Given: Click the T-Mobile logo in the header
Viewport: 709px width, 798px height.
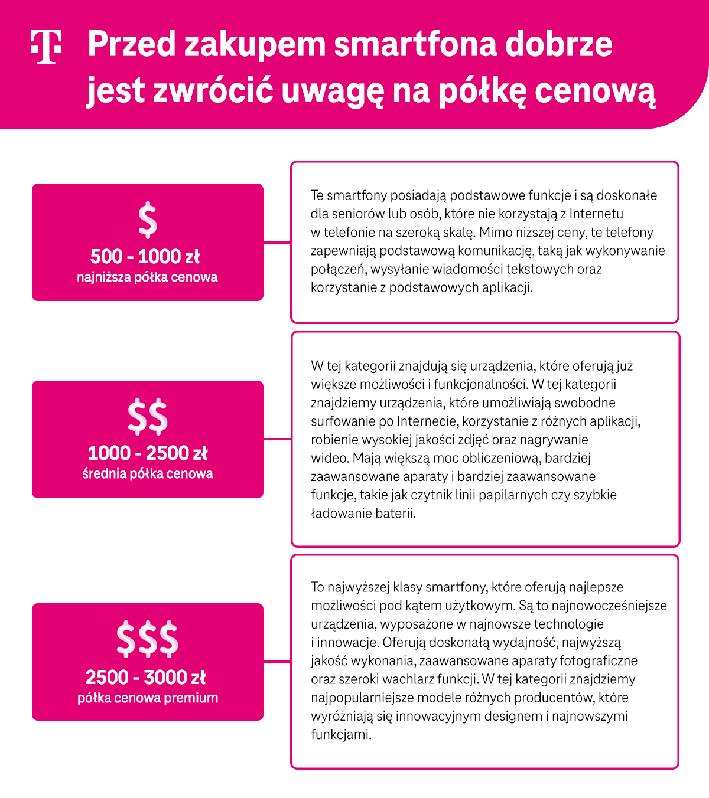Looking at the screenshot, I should [x=46, y=47].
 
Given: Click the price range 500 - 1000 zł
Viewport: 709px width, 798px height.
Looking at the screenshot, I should [x=145, y=257].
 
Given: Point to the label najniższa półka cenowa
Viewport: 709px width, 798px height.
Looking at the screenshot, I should [x=147, y=277].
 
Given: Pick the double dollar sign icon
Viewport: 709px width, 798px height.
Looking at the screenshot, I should [x=148, y=416].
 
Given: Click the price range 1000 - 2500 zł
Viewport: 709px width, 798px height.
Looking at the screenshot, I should [x=148, y=453].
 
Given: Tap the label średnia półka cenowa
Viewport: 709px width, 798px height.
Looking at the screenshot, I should [x=148, y=474].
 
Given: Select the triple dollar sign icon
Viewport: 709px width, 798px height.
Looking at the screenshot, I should [x=148, y=639].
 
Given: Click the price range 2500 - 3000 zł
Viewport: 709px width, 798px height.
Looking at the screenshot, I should [x=146, y=677].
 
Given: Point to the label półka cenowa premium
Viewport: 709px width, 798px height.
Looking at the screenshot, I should [x=148, y=698].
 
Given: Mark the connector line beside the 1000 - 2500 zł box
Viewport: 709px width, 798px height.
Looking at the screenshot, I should [x=277, y=439].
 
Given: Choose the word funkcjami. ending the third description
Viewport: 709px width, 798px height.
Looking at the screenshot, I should [x=341, y=735].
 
